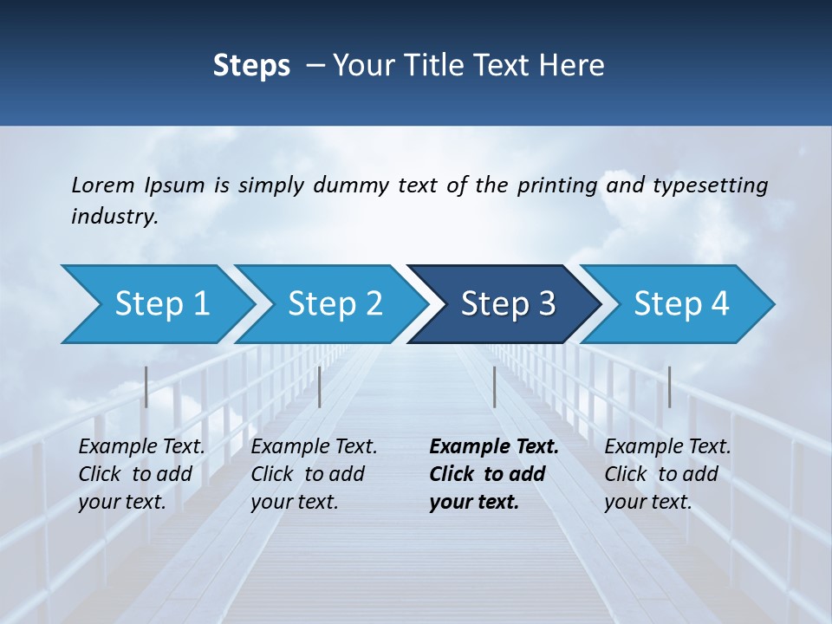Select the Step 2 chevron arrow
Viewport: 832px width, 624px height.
pos(334,304)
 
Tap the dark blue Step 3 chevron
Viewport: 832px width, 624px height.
pos(507,304)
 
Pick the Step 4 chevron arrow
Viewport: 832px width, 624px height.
pos(680,304)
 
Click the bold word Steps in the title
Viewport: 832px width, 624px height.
pos(251,66)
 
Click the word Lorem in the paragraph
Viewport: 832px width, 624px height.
pos(102,185)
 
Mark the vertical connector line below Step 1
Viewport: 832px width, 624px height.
pos(146,387)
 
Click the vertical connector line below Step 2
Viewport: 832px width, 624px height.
pos(320,387)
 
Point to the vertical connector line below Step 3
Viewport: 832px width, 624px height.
pos(494,387)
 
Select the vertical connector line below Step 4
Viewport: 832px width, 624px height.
pos(669,387)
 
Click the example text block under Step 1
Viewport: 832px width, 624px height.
pos(140,474)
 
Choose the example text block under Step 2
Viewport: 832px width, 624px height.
pos(313,474)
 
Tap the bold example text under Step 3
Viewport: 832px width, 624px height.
pos(493,474)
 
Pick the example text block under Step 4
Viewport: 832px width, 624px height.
pos(666,474)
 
